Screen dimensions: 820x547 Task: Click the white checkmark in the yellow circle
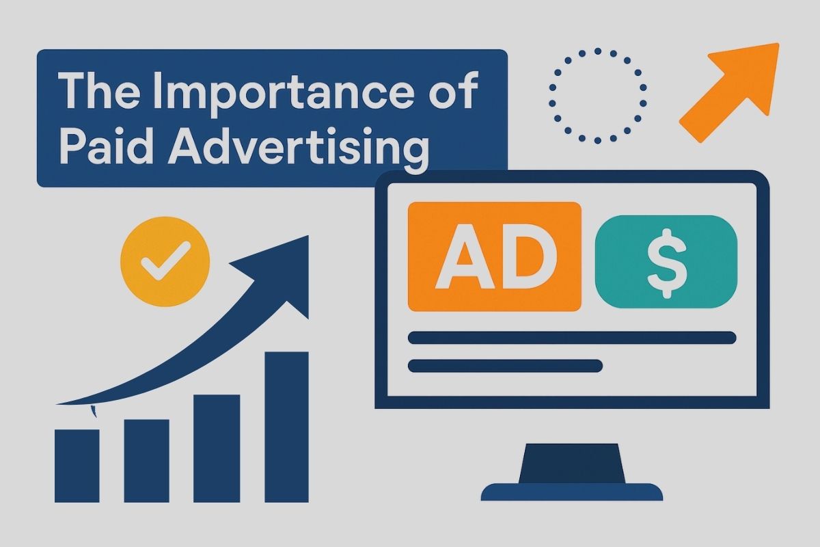point(165,261)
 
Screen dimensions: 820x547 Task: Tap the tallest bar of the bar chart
point(286,427)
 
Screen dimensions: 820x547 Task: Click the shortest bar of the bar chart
point(77,466)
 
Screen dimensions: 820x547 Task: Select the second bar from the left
point(146,461)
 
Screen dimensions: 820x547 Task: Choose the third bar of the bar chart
point(217,449)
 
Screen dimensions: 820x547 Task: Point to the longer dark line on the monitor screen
point(572,338)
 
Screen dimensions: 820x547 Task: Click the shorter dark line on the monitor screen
point(505,366)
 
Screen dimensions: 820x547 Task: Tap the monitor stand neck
point(572,464)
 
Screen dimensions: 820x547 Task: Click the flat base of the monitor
point(572,492)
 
